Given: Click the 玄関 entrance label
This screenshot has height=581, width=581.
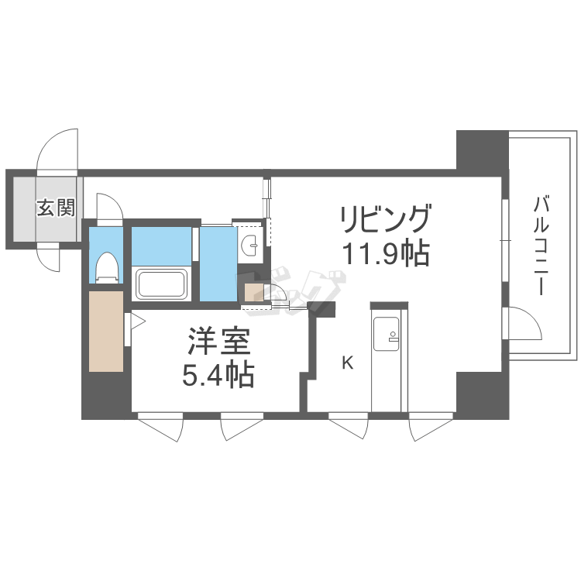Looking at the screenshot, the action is [x=56, y=208].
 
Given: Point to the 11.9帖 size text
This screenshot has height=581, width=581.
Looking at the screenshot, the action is [x=387, y=254].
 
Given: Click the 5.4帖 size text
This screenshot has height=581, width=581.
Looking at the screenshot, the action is [x=218, y=375].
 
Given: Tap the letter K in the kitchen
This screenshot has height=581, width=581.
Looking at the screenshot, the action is [x=348, y=363].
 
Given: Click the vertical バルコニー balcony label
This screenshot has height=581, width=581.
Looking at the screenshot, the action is [x=541, y=246].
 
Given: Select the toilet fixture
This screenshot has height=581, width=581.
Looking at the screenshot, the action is [x=107, y=267].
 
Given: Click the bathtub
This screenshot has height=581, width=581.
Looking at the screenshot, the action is [x=161, y=284].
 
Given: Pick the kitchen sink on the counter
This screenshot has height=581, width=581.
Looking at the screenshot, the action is [x=386, y=333].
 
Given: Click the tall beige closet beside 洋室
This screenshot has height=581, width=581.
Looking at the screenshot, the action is [x=106, y=331].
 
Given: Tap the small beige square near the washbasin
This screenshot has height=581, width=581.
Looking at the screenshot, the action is [x=254, y=292].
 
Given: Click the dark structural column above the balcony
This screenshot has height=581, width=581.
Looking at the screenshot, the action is [x=483, y=150].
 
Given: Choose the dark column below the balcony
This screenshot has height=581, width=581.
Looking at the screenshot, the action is [x=483, y=395].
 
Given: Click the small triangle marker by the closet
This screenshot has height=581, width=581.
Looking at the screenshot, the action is [x=136, y=321].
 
